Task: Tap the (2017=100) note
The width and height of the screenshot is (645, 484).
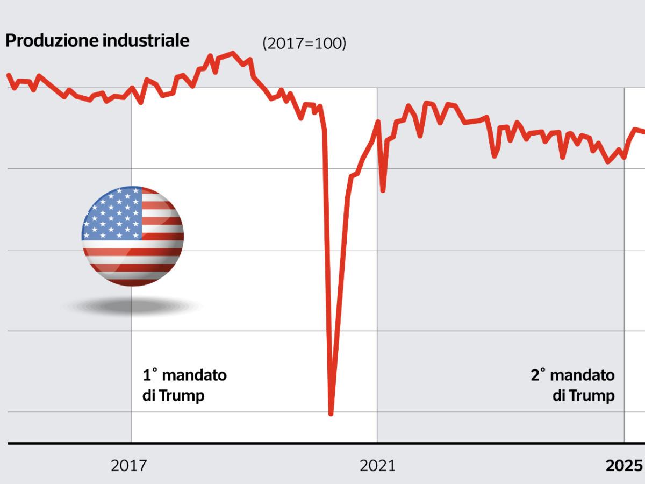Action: coord(304,44)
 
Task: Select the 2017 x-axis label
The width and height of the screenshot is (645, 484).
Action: coord(128,465)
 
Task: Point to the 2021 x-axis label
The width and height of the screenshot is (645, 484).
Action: coord(377,465)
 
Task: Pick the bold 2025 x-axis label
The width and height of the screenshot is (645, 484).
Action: coord(625,465)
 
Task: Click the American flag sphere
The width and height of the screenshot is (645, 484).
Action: coord(133,236)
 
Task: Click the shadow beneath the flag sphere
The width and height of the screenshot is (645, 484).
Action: coord(133,307)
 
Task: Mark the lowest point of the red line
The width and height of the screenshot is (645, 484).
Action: coord(331,414)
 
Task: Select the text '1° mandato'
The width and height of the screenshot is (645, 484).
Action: coord(184,375)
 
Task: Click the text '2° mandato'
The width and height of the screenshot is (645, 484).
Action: coord(572,375)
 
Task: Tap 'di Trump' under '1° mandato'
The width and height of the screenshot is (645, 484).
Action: coord(174,396)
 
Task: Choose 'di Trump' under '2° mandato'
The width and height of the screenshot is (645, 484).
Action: coord(584,396)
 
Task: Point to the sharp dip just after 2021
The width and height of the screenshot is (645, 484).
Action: coord(383,190)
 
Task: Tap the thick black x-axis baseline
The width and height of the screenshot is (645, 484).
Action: coord(322,444)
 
